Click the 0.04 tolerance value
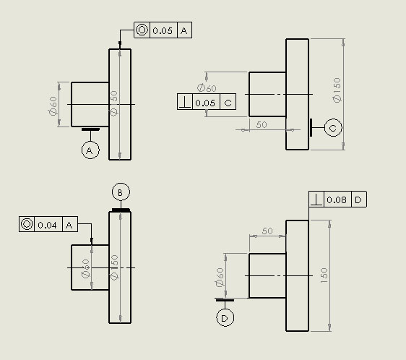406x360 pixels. [47, 225]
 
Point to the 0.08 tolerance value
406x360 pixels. [337, 200]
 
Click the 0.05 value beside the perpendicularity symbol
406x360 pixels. [205, 103]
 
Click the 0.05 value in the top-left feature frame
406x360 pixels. [163, 31]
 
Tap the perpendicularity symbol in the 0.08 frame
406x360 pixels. [316, 200]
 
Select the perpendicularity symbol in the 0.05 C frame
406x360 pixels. [185, 102]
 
